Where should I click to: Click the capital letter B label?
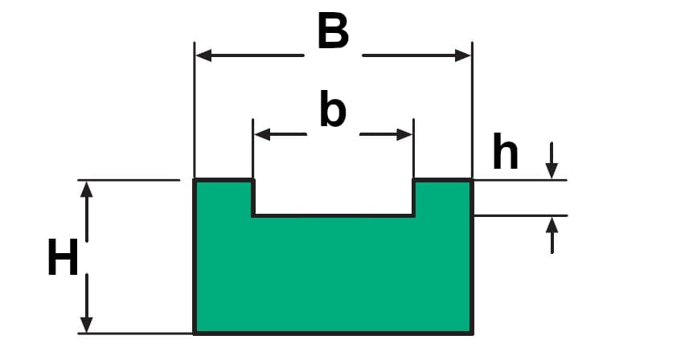click(333, 33)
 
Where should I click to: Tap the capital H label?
click(63, 259)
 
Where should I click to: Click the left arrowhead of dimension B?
click(203, 55)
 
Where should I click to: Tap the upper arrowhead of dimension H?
click(86, 189)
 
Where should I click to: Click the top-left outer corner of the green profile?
click(195, 180)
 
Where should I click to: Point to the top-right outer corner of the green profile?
click(471, 180)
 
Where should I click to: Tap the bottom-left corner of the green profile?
click(195, 332)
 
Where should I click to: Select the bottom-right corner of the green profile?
click(471, 332)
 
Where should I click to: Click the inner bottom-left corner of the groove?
click(254, 215)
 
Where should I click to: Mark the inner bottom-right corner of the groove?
click(413, 215)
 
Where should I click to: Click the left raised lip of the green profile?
click(224, 198)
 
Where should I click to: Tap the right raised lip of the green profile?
click(442, 198)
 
